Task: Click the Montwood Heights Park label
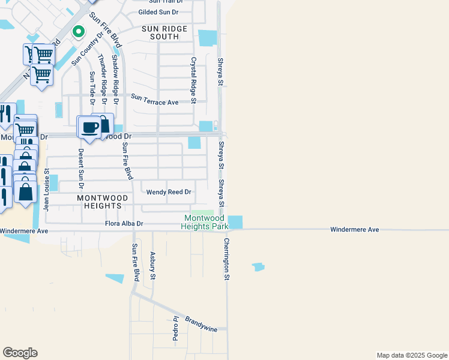click(x=206, y=222)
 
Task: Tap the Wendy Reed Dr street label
click(x=169, y=192)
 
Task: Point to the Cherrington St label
click(x=227, y=259)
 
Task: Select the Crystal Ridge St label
click(x=193, y=80)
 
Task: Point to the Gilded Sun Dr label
click(x=159, y=12)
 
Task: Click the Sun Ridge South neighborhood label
click(x=164, y=32)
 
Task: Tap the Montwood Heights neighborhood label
click(x=103, y=201)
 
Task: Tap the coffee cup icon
click(x=90, y=128)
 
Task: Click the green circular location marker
click(x=77, y=31)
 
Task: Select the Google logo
click(x=20, y=353)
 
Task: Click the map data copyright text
click(x=412, y=355)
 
